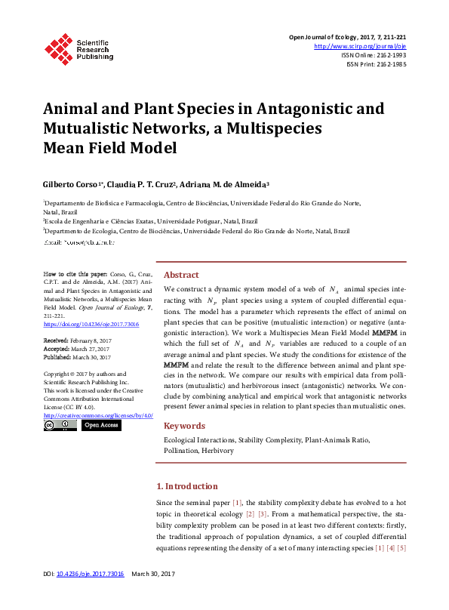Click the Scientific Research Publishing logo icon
click(x=58, y=47)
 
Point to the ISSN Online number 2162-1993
click(x=389, y=55)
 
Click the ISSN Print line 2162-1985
click(x=376, y=65)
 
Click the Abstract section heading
click(x=181, y=276)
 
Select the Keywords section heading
click(x=184, y=426)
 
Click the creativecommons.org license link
click(x=98, y=416)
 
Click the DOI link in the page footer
click(x=91, y=596)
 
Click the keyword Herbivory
click(x=217, y=451)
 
